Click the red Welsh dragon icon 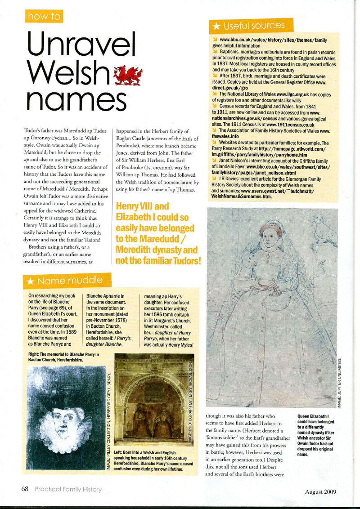pyautogui.click(x=128, y=75)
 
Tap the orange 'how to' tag pyautogui.click(x=44, y=17)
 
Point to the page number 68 pyautogui.click(x=25, y=489)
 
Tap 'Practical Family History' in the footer pyautogui.click(x=68, y=489)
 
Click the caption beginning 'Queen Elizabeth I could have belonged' pyautogui.click(x=316, y=435)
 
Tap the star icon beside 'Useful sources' pyautogui.click(x=216, y=27)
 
